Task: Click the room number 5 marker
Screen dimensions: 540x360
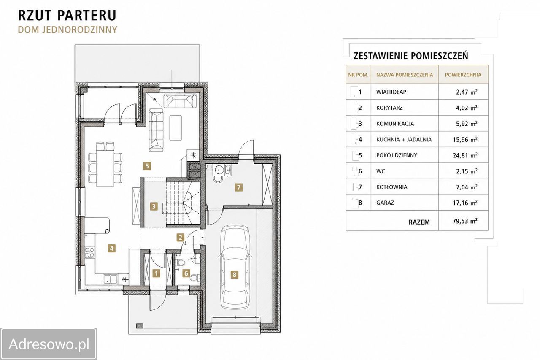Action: click(147, 166)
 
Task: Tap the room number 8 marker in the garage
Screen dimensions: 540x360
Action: click(234, 274)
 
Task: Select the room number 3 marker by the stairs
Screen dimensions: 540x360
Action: click(154, 206)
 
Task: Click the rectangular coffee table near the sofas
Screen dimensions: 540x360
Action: click(175, 127)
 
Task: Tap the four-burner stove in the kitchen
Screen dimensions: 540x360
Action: click(90, 252)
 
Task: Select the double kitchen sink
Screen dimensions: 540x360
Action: click(111, 280)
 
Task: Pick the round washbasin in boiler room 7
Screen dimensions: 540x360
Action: click(219, 170)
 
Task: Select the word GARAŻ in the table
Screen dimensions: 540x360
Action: click(385, 203)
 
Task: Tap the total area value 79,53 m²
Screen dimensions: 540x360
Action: click(465, 221)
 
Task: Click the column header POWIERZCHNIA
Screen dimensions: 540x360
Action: click(463, 75)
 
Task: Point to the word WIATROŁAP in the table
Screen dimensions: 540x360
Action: click(391, 92)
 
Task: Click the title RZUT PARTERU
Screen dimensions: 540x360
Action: click(67, 15)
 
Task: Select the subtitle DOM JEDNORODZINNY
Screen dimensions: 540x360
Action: click(67, 30)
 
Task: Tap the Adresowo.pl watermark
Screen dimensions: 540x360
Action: click(49, 344)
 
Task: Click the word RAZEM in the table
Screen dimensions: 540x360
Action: click(419, 222)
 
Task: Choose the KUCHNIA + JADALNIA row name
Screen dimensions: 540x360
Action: click(404, 139)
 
